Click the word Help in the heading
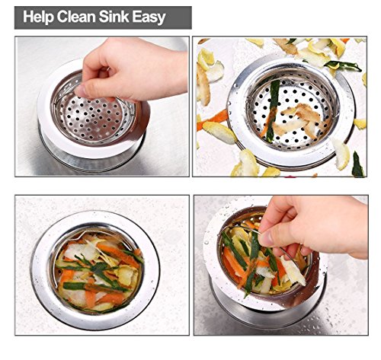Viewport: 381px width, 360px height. click(x=38, y=18)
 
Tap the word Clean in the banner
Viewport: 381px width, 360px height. click(x=76, y=17)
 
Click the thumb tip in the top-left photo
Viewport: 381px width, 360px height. click(x=81, y=91)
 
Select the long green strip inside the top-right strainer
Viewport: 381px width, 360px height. click(x=272, y=109)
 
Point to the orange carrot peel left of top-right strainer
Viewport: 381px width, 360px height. click(x=213, y=119)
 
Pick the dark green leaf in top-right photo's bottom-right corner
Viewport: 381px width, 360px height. click(x=357, y=165)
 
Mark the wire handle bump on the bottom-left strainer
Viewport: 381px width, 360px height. click(x=82, y=235)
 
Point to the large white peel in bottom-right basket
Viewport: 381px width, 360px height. click(x=293, y=270)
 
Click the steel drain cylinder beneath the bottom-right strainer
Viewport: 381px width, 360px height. click(x=267, y=314)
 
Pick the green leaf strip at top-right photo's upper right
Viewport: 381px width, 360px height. click(x=343, y=65)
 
